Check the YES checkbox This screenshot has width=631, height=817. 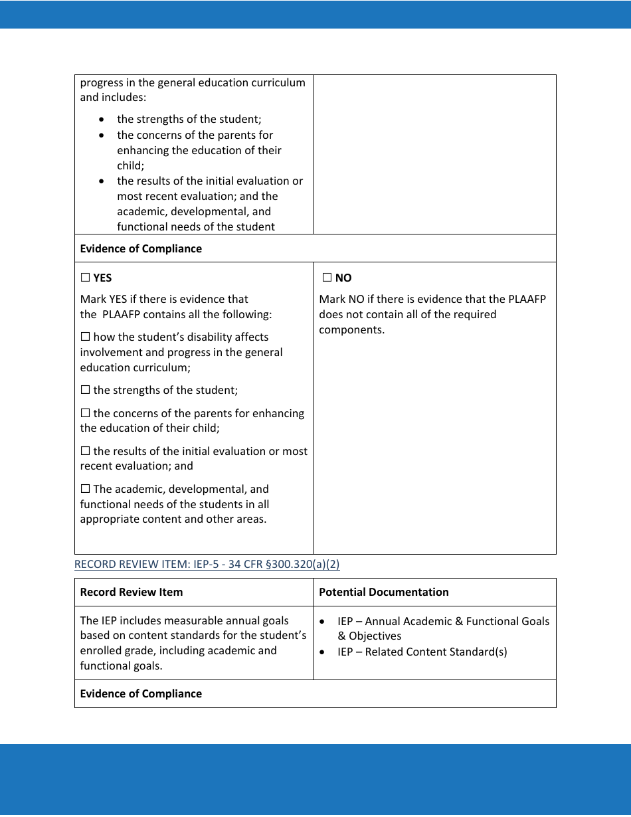85,278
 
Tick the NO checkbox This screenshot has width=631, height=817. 327,278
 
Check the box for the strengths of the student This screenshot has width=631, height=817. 85,390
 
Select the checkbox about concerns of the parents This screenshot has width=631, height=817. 85,413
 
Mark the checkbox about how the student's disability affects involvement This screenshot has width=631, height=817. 85,337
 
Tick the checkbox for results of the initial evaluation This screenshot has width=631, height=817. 85,451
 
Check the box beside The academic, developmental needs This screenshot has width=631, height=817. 85,489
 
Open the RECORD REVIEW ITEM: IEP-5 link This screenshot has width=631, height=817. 207,564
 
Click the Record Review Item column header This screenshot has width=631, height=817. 131,592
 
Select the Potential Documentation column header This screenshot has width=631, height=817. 383,592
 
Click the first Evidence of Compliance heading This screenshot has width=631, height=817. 141,248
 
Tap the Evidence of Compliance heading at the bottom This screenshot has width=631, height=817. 141,693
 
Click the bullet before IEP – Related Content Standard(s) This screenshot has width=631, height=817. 323,652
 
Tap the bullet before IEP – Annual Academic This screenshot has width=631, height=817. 323,621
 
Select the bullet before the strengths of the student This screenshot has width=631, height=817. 101,120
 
